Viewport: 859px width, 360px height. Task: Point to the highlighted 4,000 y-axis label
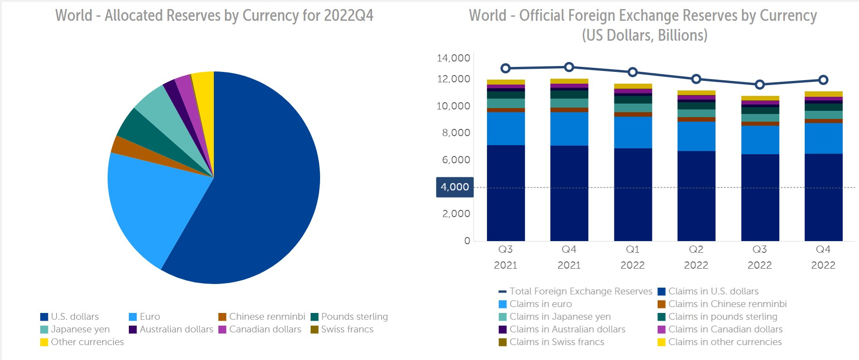(x=454, y=187)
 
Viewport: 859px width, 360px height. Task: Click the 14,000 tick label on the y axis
(x=453, y=58)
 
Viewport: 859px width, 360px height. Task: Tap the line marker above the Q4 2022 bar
(x=823, y=80)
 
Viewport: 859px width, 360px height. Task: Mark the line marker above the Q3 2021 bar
(x=505, y=68)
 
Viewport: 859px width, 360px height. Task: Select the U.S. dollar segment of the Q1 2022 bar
(x=632, y=194)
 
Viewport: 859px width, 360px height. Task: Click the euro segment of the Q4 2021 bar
(x=569, y=129)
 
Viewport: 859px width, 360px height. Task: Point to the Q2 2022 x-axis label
(x=696, y=257)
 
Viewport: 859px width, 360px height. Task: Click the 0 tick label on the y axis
(x=467, y=241)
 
